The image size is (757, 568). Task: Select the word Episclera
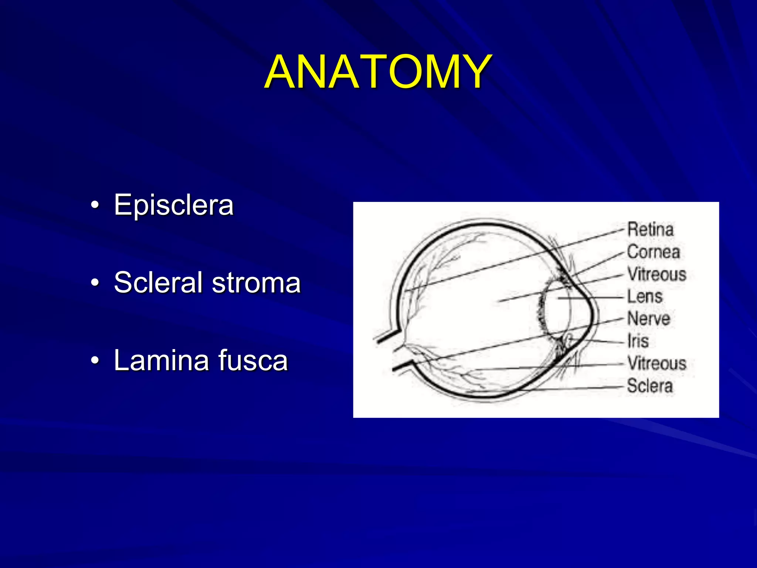[174, 205]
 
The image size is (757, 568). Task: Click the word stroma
[257, 283]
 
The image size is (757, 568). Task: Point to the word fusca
[253, 360]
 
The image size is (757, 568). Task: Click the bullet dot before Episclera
[95, 206]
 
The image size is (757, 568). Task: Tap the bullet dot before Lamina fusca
[95, 360]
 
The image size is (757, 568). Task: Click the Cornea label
[654, 252]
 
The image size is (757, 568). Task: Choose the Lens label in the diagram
[645, 297]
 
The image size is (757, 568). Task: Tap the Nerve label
[649, 319]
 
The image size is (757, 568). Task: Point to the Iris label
[638, 341]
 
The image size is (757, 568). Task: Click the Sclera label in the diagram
[650, 386]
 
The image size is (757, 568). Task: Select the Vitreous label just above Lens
[657, 274]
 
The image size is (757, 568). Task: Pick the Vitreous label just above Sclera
[657, 363]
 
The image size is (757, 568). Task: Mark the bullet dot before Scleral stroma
[95, 283]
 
